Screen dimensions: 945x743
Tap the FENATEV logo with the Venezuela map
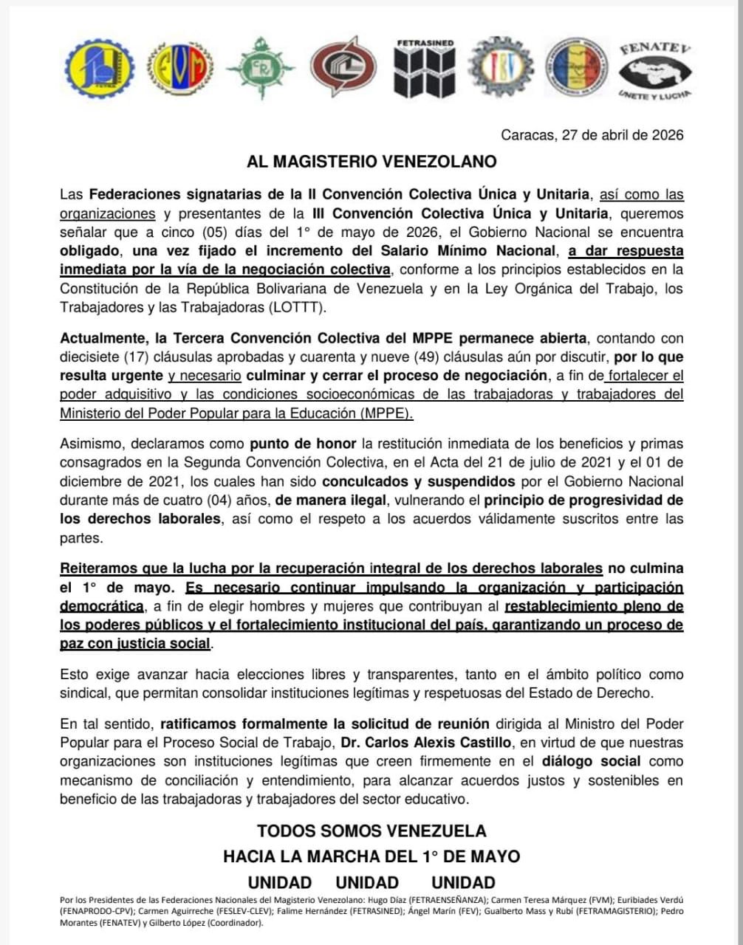click(654, 71)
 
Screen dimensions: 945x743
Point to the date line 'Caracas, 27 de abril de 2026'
click(592, 135)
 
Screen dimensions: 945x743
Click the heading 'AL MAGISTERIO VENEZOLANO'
click(371, 162)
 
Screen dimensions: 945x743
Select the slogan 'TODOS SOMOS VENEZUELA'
click(371, 831)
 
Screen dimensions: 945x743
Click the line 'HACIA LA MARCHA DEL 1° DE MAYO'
click(371, 856)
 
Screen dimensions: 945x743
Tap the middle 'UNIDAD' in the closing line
click(367, 882)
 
